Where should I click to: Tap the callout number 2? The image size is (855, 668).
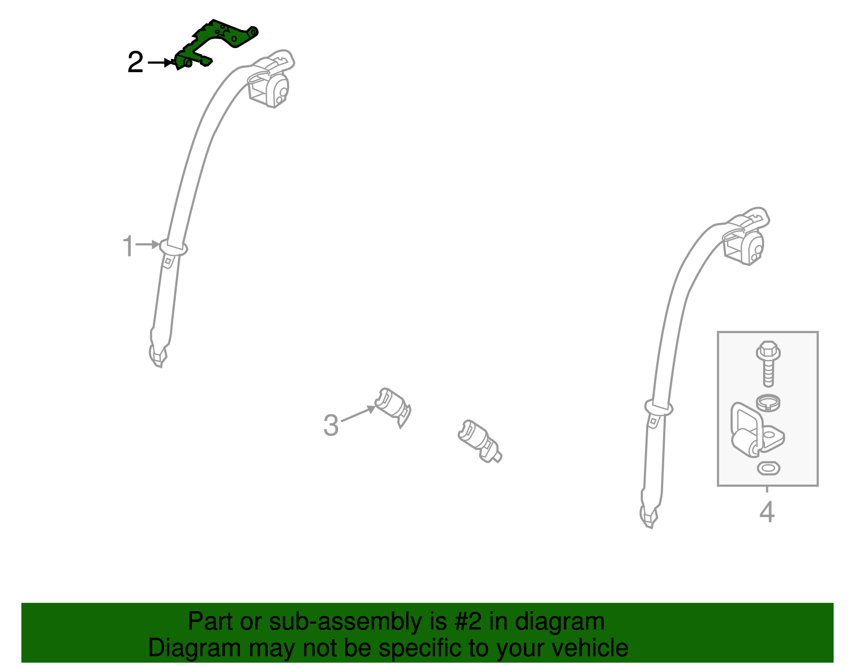[135, 63]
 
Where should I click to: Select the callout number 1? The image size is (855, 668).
[128, 247]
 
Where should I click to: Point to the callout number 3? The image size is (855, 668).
[331, 426]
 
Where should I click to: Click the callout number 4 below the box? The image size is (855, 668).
[767, 512]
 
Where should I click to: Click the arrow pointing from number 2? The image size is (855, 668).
[160, 63]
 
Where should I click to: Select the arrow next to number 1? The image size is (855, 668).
[147, 245]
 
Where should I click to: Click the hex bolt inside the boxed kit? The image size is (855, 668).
[768, 363]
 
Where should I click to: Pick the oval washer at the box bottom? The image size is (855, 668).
[768, 469]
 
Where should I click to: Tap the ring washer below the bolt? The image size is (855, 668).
[767, 402]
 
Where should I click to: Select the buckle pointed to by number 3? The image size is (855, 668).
[393, 407]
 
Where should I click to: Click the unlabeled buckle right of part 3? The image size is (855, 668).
[479, 440]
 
